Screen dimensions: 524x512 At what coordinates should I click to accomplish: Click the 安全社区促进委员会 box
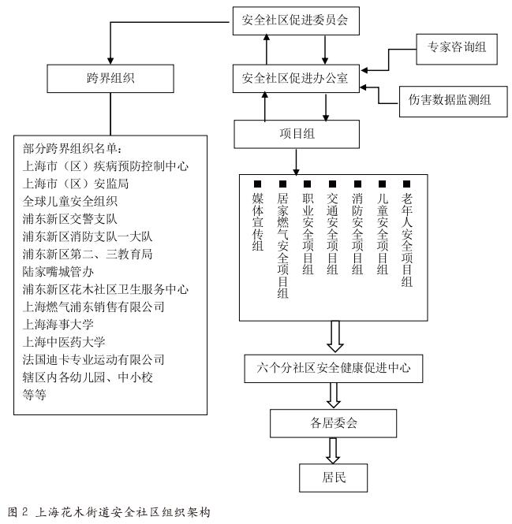tap(295, 20)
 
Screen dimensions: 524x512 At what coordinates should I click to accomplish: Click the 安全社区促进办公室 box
tap(295, 78)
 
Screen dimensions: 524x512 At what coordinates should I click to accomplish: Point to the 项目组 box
tap(295, 134)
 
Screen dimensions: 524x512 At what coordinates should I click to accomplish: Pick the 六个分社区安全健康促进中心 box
tap(334, 366)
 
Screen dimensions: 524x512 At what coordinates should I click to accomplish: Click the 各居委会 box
tap(334, 423)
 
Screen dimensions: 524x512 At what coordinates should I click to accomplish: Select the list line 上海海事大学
tap(59, 323)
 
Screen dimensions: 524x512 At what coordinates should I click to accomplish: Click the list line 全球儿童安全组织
tap(70, 201)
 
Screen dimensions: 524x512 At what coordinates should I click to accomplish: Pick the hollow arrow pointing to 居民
tap(334, 449)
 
